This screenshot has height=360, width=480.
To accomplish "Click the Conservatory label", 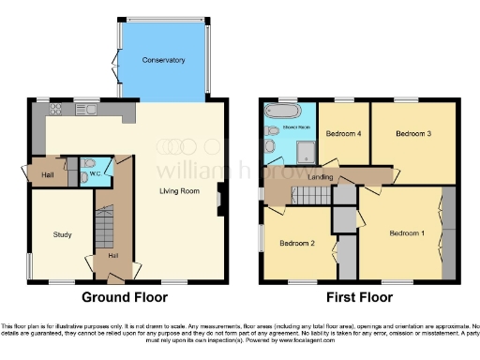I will pos(163,61).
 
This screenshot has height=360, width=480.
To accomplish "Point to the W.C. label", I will pos(95,162).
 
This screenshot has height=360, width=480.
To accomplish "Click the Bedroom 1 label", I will pos(407,232).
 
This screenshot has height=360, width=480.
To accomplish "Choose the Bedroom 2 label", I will pos(295,243).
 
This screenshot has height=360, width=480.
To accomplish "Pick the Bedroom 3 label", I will pos(412,134).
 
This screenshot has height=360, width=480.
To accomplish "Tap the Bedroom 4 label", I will pos(342,134).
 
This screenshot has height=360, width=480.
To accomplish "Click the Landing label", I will pos(322,177).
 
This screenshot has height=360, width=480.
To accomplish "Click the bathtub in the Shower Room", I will pos(281,111).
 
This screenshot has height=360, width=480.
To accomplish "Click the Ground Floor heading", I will pos(125,298).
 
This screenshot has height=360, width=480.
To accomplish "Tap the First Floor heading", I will pos(357,298).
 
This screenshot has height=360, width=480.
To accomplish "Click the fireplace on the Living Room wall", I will pos(221,199).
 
